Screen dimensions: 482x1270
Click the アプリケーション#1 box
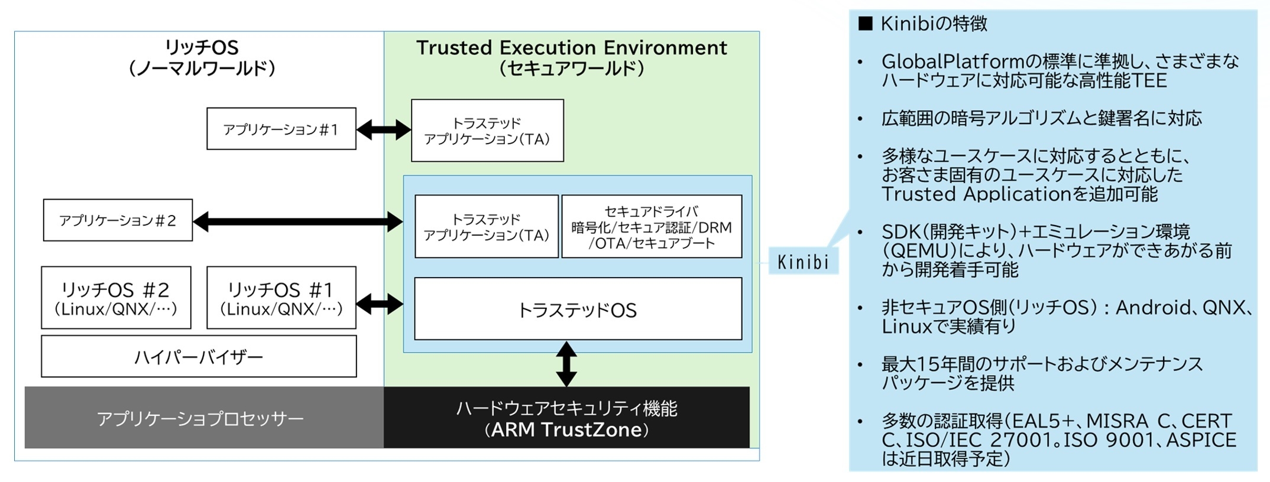tap(281, 129)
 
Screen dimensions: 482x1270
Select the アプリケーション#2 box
tap(118, 220)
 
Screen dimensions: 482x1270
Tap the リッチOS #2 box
tap(116, 298)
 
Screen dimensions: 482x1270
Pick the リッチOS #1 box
tap(281, 298)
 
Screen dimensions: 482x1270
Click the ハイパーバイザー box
tap(199, 356)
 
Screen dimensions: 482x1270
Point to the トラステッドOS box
tap(578, 309)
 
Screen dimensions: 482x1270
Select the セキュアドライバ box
tap(651, 227)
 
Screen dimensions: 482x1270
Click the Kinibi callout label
tap(803, 262)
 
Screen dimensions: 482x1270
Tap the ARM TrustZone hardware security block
tap(566, 418)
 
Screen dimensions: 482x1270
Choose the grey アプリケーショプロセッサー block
tap(201, 418)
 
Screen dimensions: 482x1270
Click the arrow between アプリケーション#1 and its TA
tap(384, 129)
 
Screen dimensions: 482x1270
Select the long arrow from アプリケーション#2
tap(298, 222)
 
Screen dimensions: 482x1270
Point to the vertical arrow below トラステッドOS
tap(566, 364)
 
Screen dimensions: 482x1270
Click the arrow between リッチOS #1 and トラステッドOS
tap(380, 304)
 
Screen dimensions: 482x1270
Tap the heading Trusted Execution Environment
tap(571, 48)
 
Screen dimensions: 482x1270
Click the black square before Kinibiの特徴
tap(865, 24)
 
